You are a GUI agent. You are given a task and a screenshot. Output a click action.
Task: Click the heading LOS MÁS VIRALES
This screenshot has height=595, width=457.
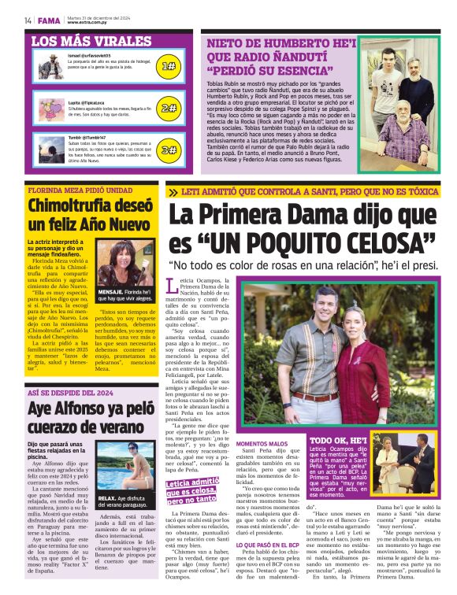80,39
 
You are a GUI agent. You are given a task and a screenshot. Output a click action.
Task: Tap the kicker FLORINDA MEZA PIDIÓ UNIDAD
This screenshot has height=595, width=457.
80,190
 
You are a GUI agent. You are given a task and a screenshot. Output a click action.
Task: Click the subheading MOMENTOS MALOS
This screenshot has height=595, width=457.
261,443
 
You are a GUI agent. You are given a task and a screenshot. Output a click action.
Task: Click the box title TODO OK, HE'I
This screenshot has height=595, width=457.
338,441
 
